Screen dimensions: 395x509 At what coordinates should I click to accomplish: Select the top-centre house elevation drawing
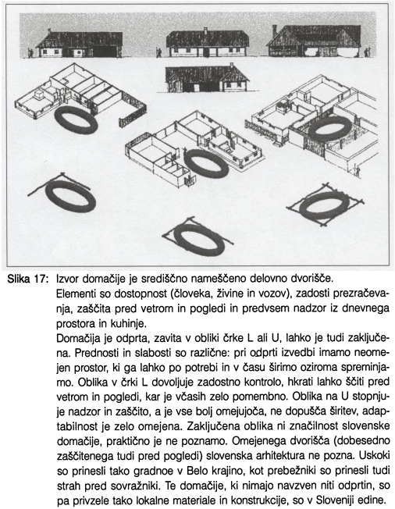(x=208, y=42)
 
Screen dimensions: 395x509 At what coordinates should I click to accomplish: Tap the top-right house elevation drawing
(x=315, y=40)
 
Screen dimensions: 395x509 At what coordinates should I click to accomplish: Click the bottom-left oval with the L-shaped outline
(x=71, y=196)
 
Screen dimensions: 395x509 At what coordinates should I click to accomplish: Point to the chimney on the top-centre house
(x=205, y=30)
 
